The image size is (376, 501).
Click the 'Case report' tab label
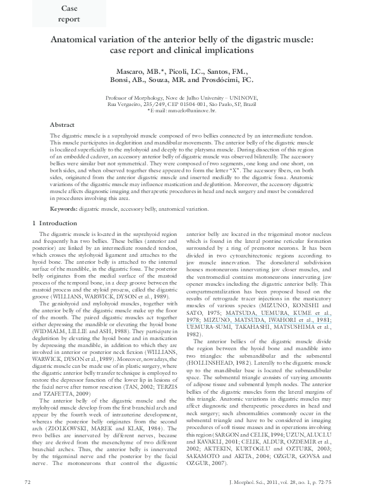(x=70, y=14)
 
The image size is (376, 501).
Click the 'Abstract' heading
(x=62, y=125)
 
